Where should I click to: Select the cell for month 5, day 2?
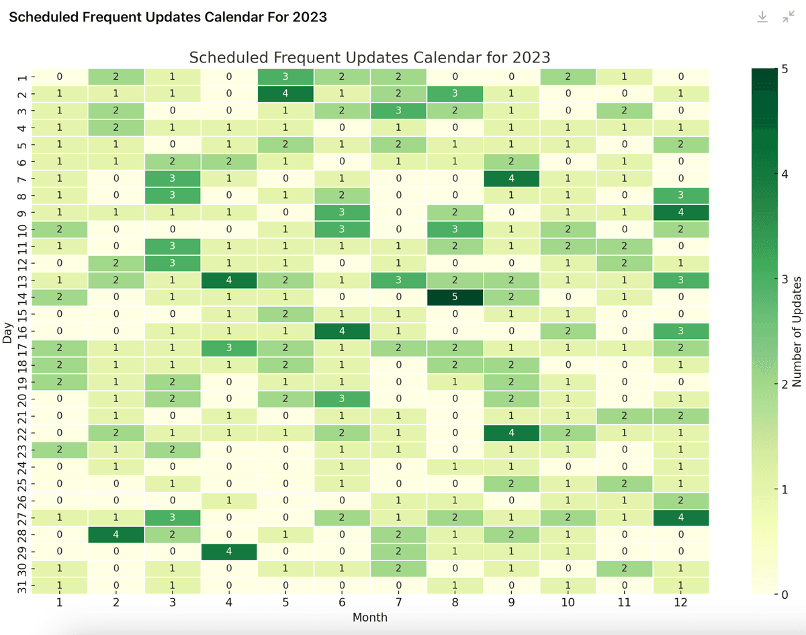tap(285, 93)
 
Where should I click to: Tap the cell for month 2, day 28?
tap(116, 534)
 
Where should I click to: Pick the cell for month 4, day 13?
tap(228, 279)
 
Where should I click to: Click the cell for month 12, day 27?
tap(680, 518)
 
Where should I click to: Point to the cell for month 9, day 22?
tap(511, 432)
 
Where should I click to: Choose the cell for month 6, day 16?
tap(341, 330)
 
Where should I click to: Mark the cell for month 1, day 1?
tap(59, 76)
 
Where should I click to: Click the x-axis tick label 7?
tap(398, 603)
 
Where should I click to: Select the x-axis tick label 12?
tap(680, 603)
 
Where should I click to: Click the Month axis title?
tap(369, 618)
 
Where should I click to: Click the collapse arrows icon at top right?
tap(789, 17)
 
